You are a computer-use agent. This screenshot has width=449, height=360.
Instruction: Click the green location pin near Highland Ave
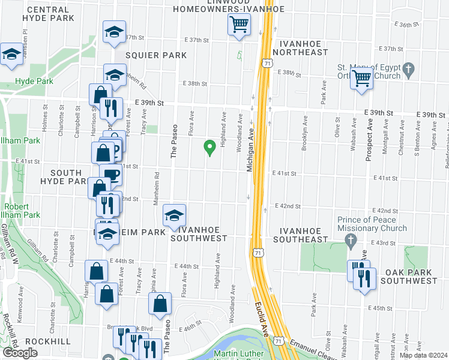210,146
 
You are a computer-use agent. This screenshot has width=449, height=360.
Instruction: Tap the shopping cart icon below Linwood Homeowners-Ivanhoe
239,25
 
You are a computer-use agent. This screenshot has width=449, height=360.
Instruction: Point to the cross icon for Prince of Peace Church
352,241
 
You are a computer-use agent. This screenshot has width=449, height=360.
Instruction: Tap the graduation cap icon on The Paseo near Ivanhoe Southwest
173,215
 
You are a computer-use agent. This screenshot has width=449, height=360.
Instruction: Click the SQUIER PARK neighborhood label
157,55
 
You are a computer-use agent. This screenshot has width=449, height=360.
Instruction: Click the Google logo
20,353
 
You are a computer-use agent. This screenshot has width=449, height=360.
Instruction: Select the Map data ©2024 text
423,355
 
